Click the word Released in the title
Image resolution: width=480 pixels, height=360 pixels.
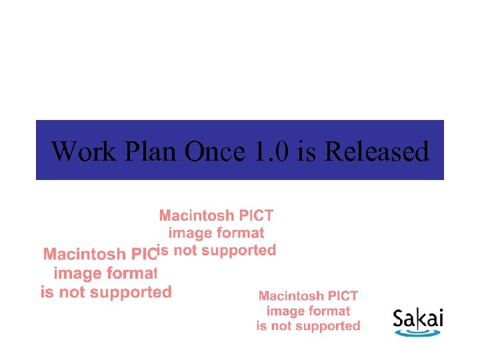pyautogui.click(x=376, y=151)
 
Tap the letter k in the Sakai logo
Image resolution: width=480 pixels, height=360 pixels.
pyautogui.click(x=423, y=317)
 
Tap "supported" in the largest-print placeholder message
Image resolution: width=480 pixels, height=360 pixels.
pyautogui.click(x=125, y=292)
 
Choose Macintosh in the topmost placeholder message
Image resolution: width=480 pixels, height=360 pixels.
pyautogui.click(x=197, y=215)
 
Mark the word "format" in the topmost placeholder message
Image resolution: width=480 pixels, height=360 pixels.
pyautogui.click(x=241, y=233)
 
